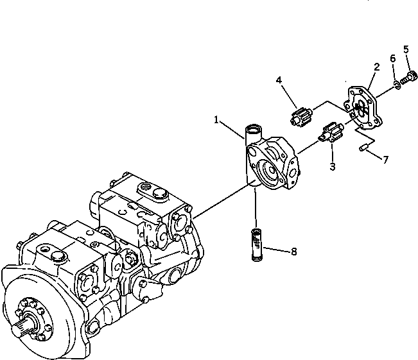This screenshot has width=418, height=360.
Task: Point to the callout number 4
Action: coord(279,80)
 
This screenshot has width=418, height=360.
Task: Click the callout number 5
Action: coord(406,49)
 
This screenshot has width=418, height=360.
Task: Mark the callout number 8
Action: coord(294,251)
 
